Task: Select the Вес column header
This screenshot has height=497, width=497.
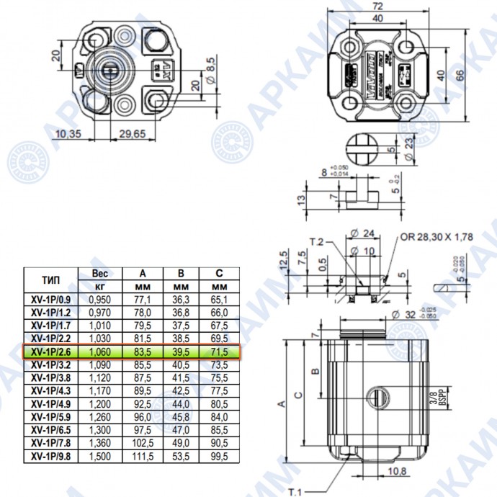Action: tap(100, 274)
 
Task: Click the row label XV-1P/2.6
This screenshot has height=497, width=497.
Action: tap(51, 352)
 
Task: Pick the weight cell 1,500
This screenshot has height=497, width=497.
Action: tap(100, 456)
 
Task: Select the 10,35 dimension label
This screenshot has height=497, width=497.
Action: tap(68, 134)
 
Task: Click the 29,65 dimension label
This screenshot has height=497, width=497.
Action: tap(133, 134)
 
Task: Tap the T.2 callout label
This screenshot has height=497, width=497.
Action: tap(317, 241)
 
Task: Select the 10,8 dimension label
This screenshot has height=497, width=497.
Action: tap(395, 472)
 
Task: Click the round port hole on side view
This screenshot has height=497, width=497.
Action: tap(377, 395)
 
